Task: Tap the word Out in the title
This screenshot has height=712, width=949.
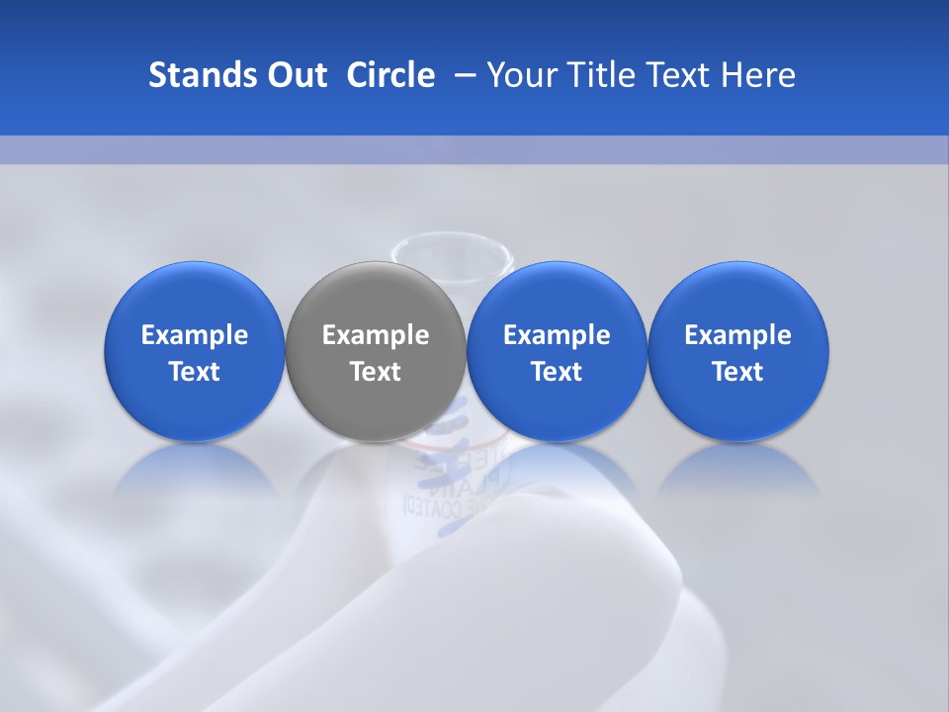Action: tap(295, 75)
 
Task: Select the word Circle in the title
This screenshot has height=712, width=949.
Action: tap(390, 75)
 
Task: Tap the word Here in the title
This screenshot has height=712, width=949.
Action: tap(756, 75)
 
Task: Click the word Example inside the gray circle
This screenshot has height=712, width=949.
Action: tap(376, 336)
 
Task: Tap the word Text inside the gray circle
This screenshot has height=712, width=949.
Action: tap(376, 372)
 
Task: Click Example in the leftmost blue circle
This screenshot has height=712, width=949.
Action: tap(195, 336)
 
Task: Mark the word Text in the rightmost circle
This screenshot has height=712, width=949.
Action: tap(737, 372)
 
